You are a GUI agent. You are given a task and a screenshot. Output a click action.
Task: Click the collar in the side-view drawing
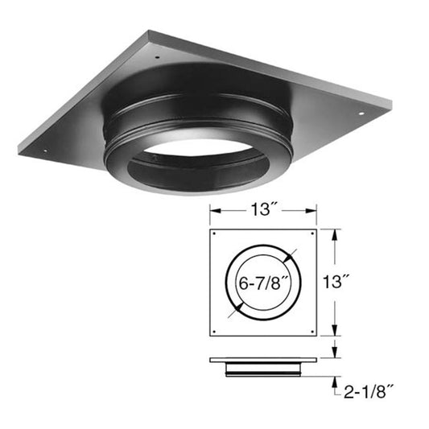pyautogui.click(x=262, y=368)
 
